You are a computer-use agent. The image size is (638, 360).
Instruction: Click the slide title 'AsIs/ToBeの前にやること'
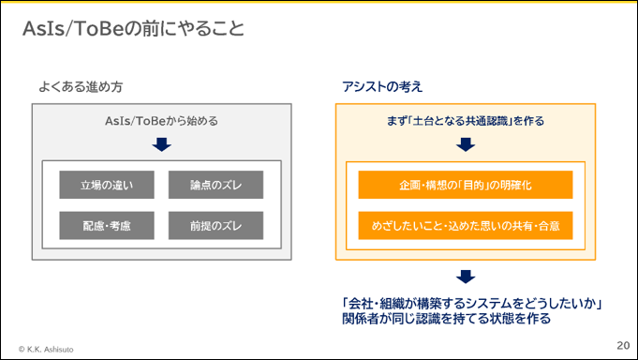133,28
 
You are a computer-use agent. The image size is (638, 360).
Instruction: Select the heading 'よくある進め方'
81,87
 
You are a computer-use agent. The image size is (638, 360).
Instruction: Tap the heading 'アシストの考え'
382,87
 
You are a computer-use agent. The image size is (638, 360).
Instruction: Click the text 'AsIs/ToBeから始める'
161,121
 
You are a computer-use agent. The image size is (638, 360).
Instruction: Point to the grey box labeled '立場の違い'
107,185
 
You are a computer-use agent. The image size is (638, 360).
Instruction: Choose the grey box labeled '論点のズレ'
215,185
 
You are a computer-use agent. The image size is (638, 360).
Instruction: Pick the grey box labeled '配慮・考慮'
107,225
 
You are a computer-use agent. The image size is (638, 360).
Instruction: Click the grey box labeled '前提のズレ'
215,225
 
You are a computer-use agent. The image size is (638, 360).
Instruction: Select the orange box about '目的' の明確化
466,185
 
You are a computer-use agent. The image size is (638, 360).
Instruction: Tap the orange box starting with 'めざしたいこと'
466,225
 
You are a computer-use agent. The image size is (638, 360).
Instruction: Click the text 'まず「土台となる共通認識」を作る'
466,121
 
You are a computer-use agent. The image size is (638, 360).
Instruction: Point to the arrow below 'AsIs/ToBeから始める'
161,144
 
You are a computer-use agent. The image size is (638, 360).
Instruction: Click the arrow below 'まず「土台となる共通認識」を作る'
466,144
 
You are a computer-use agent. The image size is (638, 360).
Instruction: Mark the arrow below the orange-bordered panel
466,277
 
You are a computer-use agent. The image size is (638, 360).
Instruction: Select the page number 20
623,345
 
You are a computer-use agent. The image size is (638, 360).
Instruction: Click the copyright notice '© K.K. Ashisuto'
46,350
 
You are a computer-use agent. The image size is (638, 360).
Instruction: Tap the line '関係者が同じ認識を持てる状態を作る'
446,319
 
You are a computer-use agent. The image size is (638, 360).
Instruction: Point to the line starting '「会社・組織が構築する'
472,304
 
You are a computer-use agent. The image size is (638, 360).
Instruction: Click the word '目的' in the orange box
473,186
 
